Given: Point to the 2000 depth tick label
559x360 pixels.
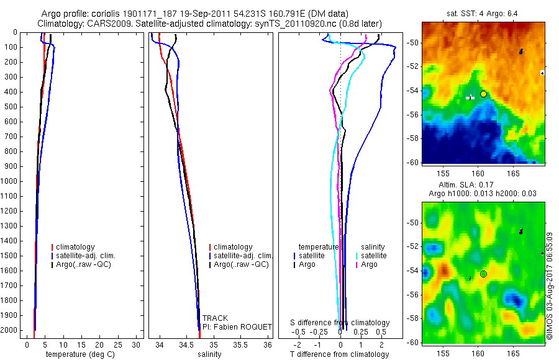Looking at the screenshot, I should pyautogui.click(x=10, y=330).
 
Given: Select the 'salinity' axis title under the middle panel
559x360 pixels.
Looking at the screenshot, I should pyautogui.click(x=209, y=354).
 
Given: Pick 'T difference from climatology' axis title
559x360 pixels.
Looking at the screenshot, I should pyautogui.click(x=339, y=354).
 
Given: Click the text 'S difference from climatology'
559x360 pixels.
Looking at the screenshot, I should pyautogui.click(x=340, y=323).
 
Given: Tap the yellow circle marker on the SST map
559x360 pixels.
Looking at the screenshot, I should pyautogui.click(x=484, y=94).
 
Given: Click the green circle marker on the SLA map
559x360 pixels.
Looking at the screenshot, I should pyautogui.click(x=484, y=274).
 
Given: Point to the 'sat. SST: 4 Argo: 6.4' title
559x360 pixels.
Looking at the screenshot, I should pyautogui.click(x=483, y=14).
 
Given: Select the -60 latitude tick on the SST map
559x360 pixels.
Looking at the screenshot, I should pyautogui.click(x=414, y=162).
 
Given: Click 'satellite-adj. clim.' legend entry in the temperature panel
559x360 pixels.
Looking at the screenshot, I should pyautogui.click(x=85, y=256).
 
